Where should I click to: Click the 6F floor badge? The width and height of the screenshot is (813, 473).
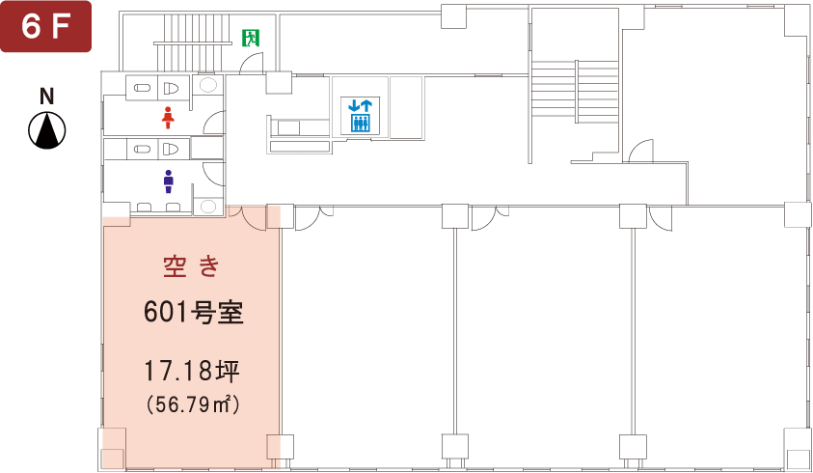(x=45, y=26)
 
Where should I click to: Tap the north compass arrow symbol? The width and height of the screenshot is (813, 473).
(x=47, y=130)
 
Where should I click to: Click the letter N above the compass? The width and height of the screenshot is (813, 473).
(x=47, y=97)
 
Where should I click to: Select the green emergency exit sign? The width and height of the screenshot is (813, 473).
(x=251, y=38)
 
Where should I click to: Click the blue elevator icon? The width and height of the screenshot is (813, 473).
(x=361, y=115)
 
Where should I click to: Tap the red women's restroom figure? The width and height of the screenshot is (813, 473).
(x=167, y=118)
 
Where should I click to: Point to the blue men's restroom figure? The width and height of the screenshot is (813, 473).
(x=168, y=181)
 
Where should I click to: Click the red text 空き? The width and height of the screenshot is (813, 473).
(x=191, y=266)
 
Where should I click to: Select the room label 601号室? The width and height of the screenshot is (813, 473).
(x=194, y=313)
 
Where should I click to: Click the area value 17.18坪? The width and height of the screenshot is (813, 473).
(x=191, y=372)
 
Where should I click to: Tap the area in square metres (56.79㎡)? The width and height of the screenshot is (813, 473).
(x=193, y=405)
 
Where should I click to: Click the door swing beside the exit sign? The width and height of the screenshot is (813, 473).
(x=252, y=64)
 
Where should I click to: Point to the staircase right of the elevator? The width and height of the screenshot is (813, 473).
(x=575, y=92)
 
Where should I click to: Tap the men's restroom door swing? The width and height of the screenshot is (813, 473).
(x=214, y=174)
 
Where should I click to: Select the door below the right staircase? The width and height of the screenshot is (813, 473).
(x=641, y=152)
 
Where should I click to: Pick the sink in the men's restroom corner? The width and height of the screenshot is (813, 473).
(x=208, y=207)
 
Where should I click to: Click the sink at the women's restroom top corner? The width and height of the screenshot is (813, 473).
(x=208, y=85)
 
